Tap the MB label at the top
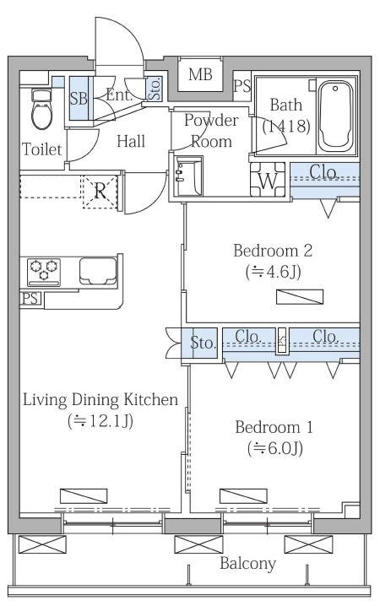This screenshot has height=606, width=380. tap(200, 74)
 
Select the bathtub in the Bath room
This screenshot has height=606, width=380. tap(334, 116)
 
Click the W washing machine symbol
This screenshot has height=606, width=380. tap(268, 180)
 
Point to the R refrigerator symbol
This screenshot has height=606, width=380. tap(100, 192)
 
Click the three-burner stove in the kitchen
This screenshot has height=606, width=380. tap(44, 272)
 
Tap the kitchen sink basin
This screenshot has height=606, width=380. tap(98, 271)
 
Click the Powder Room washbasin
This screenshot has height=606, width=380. tap(188, 176)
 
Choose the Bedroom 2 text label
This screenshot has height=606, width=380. tap(273, 251)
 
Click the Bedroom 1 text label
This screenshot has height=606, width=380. tap(274, 427)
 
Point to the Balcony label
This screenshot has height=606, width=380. tap(247, 564)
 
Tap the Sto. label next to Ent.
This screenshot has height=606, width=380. tap(155, 89)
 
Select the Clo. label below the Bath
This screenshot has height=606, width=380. tap(324, 171)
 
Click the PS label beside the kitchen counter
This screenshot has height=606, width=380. tap(31, 299)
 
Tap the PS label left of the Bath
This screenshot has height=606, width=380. tap(242, 86)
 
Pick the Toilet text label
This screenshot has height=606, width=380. tap(41, 149)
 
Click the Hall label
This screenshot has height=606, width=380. tap(131, 141)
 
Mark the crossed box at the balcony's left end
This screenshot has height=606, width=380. tap(42, 544)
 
